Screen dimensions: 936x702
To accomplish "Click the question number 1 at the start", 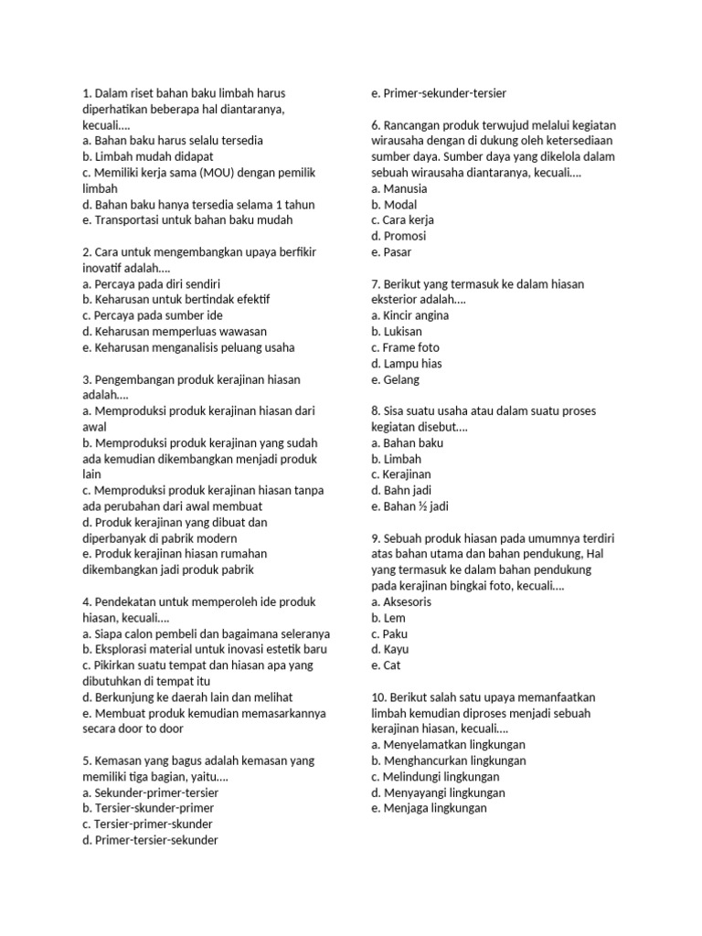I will tap(86, 93).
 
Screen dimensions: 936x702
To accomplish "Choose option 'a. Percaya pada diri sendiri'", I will tap(151, 283).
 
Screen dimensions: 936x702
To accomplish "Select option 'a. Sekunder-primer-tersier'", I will tap(151, 792).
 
